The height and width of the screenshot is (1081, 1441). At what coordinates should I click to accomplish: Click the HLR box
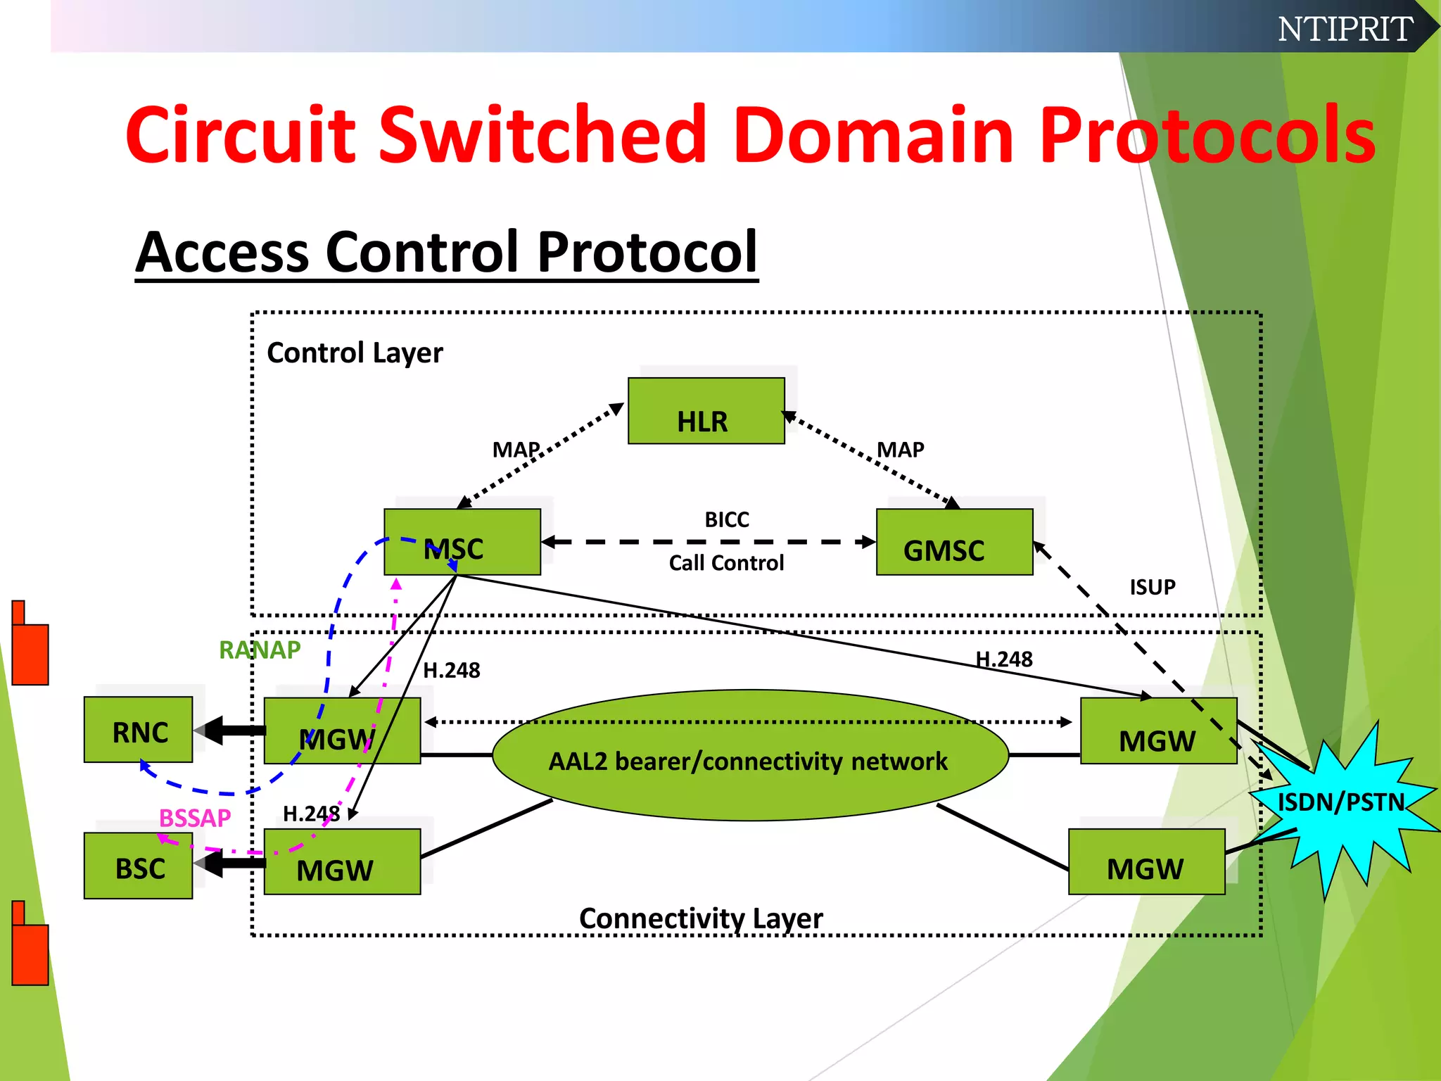pos(706,411)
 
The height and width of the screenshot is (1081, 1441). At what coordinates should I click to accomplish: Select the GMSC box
pos(954,542)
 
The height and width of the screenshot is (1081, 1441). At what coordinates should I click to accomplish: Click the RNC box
pos(138,730)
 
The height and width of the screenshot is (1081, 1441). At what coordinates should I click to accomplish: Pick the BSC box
pos(138,866)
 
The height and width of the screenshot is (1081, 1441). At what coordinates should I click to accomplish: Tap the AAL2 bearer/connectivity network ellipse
pos(750,755)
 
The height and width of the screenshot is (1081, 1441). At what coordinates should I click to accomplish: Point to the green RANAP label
pos(260,650)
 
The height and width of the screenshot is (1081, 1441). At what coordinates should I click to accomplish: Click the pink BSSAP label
pos(195,818)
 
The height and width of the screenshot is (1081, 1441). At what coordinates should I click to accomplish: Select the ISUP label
pos(1152,587)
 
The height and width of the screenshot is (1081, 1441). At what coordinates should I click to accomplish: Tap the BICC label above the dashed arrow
pos(727,519)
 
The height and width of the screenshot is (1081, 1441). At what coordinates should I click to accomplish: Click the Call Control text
pos(726,563)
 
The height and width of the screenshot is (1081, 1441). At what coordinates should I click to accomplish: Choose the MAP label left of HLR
pos(516,449)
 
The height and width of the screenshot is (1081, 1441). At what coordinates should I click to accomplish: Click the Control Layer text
pos(355,353)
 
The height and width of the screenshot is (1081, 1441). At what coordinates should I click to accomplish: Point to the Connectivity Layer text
pos(701,918)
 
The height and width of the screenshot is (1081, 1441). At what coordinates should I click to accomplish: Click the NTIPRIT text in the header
pos(1345,29)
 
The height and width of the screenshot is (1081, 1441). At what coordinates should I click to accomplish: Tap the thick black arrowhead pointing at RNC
pos(211,731)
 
